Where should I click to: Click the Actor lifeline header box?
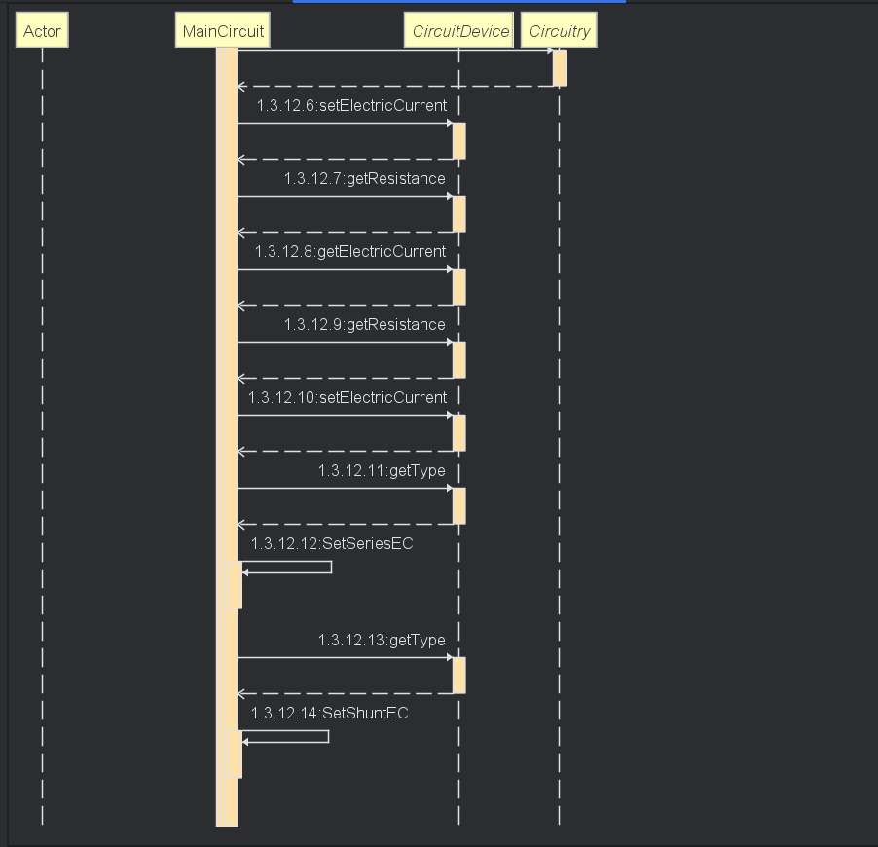[x=42, y=31]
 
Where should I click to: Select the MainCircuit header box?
[x=223, y=31]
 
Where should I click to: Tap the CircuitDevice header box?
[x=459, y=31]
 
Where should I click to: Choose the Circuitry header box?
[x=559, y=31]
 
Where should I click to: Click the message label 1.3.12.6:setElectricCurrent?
[x=351, y=105]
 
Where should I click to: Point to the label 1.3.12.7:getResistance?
[x=365, y=178]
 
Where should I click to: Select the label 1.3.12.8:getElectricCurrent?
[x=350, y=251]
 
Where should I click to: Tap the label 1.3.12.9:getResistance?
[x=365, y=324]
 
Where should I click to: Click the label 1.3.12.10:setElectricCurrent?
[x=348, y=397]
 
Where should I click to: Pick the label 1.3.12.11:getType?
[x=382, y=470]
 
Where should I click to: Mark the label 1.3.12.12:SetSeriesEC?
[x=332, y=543]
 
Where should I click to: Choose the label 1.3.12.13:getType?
[x=382, y=640]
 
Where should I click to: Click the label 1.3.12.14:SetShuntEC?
[x=329, y=713]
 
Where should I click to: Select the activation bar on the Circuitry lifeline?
[x=560, y=67]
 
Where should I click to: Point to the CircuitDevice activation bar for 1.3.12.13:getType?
[x=459, y=675]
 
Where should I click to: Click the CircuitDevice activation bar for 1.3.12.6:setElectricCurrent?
[x=459, y=140]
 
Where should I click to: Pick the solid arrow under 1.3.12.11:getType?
[x=346, y=488]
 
